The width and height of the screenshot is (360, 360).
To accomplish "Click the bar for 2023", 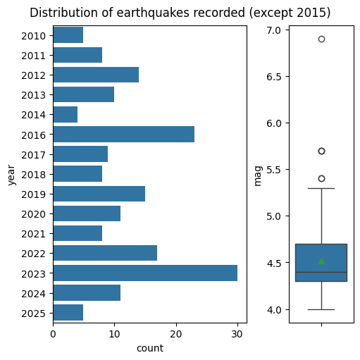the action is [x=145, y=273].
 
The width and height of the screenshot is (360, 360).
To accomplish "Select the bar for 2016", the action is [x=124, y=134].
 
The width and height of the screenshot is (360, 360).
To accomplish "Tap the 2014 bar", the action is [x=66, y=114].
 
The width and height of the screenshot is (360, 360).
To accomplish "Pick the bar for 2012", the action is [x=96, y=75].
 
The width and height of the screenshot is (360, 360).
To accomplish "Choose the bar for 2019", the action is [x=99, y=194].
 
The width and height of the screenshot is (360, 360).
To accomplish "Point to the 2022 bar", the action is [x=105, y=253].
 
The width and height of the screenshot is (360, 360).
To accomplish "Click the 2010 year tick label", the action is [x=33, y=36].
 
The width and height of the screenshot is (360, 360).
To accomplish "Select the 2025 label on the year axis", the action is [x=33, y=314].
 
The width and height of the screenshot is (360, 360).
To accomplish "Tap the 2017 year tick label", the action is [x=33, y=155].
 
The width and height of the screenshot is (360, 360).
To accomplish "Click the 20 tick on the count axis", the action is [x=176, y=334].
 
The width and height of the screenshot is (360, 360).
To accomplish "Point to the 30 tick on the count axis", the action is [x=237, y=334].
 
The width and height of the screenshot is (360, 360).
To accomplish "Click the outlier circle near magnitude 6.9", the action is [x=321, y=39].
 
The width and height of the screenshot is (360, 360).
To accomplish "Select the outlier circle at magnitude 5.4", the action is [x=321, y=178].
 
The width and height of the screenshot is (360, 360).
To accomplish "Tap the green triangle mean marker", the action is [x=321, y=261].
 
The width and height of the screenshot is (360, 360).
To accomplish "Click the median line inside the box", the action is [x=321, y=272].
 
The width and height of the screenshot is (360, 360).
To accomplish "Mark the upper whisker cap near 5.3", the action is [x=321, y=188].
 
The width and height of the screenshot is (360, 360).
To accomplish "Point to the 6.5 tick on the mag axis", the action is [x=274, y=77].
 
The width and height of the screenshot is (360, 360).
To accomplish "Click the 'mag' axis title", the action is [x=258, y=176].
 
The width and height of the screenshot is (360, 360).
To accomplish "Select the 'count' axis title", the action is [x=150, y=348].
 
